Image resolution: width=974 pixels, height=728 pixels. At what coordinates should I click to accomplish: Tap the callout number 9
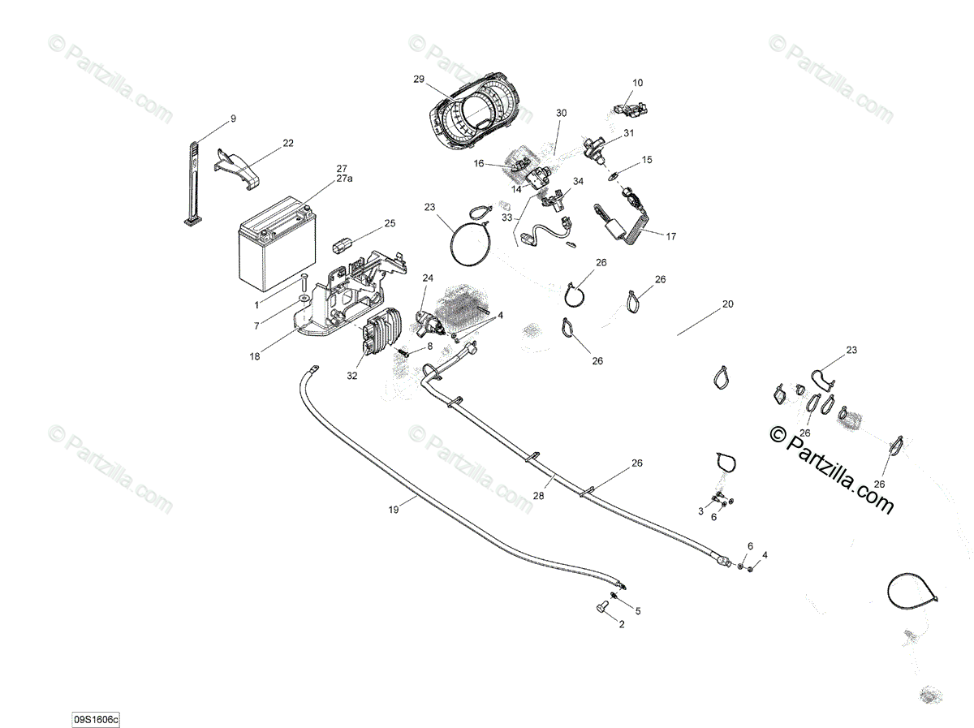(x=233, y=119)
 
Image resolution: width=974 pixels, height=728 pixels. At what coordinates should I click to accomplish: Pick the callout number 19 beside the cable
(x=394, y=510)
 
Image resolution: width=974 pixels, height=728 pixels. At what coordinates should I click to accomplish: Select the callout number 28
(x=537, y=494)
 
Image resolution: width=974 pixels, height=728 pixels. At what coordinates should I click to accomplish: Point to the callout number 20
(x=727, y=305)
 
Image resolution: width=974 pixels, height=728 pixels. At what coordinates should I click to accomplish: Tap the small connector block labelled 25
(x=343, y=241)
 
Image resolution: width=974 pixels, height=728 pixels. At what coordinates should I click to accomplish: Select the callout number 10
(x=637, y=83)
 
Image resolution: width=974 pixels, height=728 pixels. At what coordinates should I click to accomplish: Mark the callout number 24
(x=428, y=278)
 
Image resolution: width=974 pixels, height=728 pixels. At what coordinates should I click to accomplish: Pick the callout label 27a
(x=344, y=179)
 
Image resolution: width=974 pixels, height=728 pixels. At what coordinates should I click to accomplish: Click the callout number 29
(x=419, y=79)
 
